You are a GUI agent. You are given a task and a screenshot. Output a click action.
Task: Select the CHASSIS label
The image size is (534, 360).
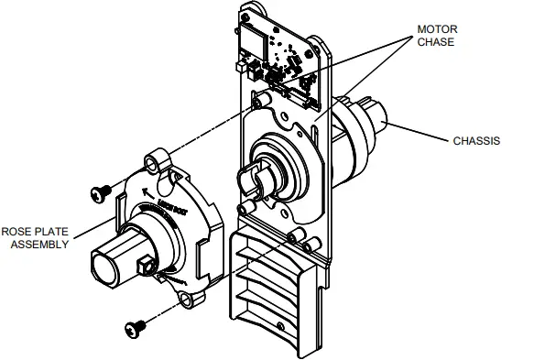(476, 141)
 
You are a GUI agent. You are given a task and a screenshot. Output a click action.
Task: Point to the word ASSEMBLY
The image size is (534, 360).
(36, 245)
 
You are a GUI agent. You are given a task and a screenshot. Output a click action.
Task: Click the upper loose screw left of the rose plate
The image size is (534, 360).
(99, 191)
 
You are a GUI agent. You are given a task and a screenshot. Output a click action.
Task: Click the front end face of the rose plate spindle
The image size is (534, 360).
(104, 263)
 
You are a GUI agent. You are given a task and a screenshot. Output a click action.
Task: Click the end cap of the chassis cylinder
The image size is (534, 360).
(378, 118)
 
